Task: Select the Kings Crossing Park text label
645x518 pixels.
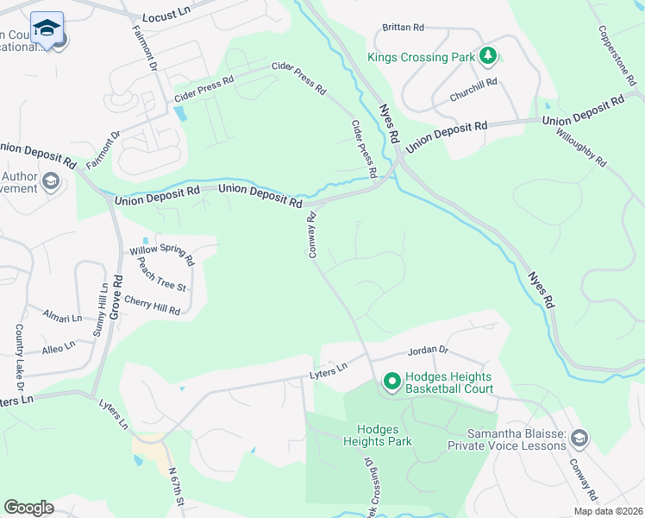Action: coord(421,58)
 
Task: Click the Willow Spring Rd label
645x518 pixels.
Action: coord(162,256)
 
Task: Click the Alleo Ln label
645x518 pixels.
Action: coord(59,347)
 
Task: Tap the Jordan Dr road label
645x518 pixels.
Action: coord(429,351)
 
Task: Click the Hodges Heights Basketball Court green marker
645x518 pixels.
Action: coord(391,381)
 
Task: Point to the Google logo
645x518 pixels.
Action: coord(28,508)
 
